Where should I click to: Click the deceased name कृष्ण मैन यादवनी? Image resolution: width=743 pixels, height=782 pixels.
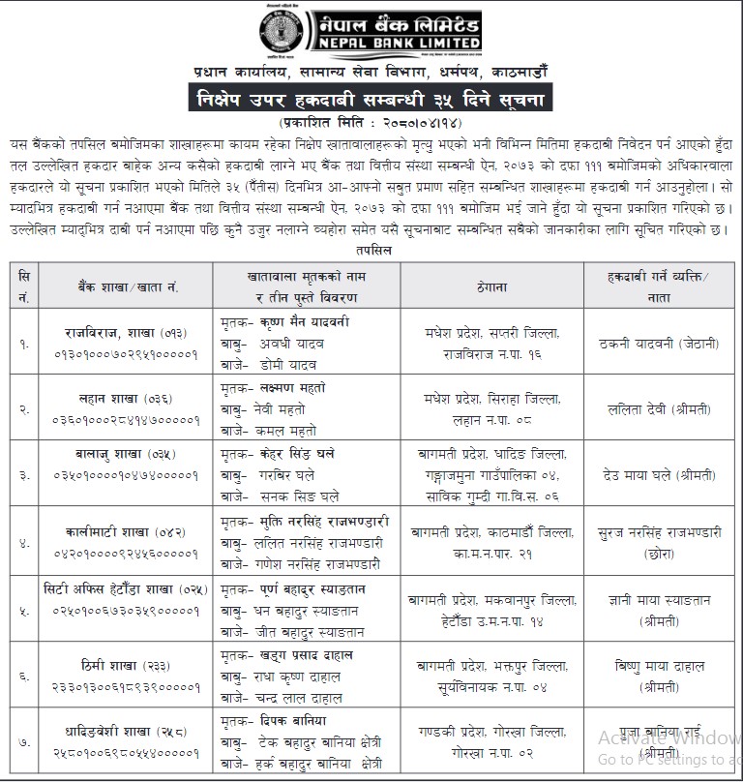(x=308, y=324)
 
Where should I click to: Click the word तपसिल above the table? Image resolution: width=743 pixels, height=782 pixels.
(x=371, y=249)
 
